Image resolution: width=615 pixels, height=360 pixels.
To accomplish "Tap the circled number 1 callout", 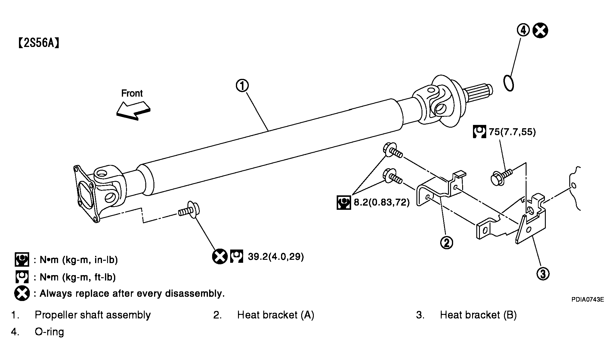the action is pos(242,86).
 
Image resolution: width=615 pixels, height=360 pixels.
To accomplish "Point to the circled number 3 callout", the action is pos(543,274).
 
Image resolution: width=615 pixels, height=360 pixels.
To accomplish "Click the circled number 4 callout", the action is pos(523,30).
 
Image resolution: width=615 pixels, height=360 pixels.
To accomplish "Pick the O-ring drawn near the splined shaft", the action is pos(508,82).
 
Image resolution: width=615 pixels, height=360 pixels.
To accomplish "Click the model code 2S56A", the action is pos(39,43).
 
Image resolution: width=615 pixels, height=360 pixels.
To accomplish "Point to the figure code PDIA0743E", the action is pos(588,299).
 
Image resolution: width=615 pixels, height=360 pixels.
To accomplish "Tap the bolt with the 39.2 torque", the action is pos(189,209).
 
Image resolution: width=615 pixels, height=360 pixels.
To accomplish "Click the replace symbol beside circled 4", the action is pos(540,31).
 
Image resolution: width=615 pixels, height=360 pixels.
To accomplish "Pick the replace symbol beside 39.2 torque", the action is pos(220,257).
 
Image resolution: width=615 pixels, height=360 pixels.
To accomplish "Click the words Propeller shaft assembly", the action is pos(93,315).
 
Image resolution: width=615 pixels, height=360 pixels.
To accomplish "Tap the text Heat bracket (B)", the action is pos(478,315).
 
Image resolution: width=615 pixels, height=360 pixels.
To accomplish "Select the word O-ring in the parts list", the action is pos(49,332).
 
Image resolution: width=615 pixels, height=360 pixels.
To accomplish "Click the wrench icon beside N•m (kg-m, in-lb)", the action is pos(22,259).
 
